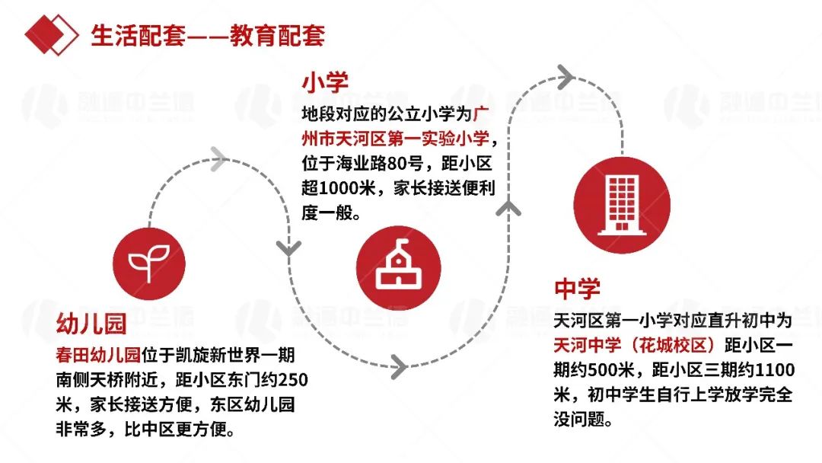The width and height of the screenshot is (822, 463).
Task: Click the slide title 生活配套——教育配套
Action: click(208, 35)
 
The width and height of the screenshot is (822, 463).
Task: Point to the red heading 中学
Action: click(577, 289)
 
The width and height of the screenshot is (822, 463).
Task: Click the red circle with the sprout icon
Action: click(148, 260)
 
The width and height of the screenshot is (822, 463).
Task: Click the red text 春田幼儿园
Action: click(99, 354)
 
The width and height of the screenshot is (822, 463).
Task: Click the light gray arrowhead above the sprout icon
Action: click(218, 158)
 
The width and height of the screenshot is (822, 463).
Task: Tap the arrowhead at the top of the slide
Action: click(564, 75)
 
